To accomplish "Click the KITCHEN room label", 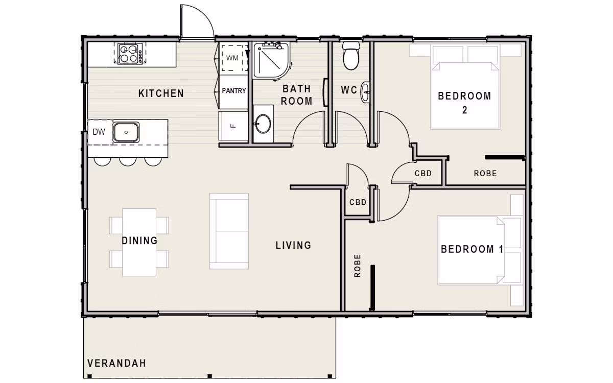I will click(161, 93).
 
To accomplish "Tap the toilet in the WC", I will click(351, 56).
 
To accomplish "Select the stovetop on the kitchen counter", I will click(129, 54).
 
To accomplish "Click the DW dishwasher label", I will click(99, 132).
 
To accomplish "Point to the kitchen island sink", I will click(126, 132).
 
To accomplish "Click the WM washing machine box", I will click(232, 58).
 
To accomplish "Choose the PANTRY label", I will click(234, 91).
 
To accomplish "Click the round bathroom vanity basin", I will click(263, 124).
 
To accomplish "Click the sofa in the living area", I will click(229, 231).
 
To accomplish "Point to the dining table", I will click(139, 242).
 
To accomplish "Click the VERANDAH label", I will click(116, 364).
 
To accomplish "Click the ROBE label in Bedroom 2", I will click(485, 174).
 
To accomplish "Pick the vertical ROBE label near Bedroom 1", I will click(357, 266).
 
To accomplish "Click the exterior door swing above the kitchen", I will click(196, 21).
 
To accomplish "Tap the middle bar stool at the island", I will click(127, 161).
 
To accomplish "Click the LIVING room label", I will click(293, 246).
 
